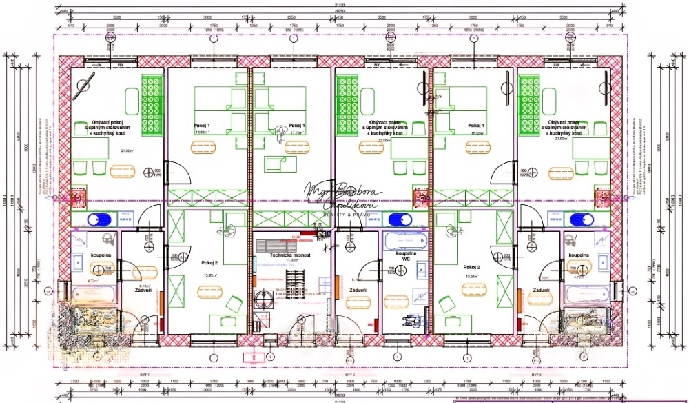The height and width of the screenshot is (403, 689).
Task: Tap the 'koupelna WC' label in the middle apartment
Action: (x=405, y=256)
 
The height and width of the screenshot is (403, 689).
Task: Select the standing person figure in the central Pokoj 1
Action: (x=280, y=132)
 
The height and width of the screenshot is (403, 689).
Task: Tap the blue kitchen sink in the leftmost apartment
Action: (x=97, y=220)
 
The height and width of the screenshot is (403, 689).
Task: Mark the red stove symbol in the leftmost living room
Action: (x=77, y=199)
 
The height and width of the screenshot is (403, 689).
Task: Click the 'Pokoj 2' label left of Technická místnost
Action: (x=209, y=263)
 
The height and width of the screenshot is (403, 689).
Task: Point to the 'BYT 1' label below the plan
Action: (x=144, y=373)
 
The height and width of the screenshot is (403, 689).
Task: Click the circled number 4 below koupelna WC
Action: (x=398, y=357)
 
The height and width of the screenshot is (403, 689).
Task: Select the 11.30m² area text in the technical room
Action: (x=285, y=261)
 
